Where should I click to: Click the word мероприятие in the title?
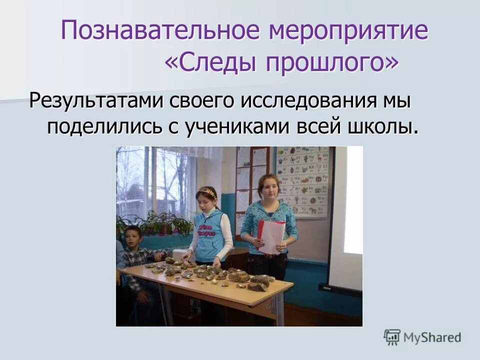pyautogui.click(x=348, y=31)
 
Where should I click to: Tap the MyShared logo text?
pyautogui.click(x=432, y=337)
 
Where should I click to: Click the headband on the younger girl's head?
pyautogui.click(x=206, y=190)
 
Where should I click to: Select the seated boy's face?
pyautogui.click(x=132, y=236)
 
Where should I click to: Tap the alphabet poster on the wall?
pyautogui.click(x=303, y=180)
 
